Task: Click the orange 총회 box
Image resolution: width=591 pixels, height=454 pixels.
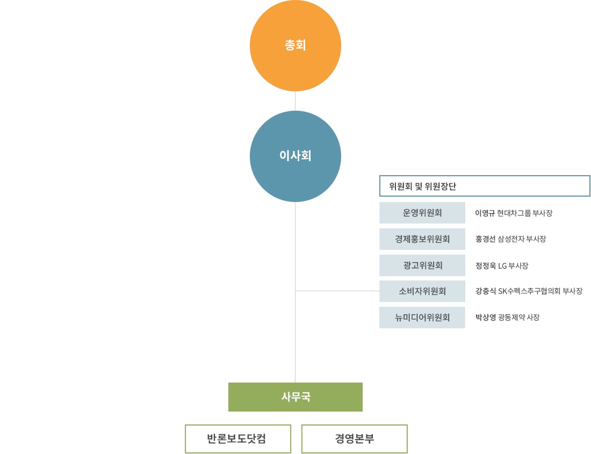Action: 295,46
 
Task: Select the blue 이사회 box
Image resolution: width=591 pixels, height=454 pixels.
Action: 295,156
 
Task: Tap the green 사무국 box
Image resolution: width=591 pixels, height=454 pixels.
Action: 295,397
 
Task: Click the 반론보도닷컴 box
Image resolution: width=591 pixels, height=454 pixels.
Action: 238,439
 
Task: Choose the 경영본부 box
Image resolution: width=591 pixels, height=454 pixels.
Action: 354,439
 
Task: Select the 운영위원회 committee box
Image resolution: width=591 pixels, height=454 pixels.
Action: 422,213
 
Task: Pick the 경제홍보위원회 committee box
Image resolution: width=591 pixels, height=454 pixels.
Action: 422,239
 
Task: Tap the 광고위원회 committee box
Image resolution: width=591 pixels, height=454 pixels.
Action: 422,265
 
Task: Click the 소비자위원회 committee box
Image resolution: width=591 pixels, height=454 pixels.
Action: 422,291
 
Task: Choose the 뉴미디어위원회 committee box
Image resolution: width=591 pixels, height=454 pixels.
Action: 422,318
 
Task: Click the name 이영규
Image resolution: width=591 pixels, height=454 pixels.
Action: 485,213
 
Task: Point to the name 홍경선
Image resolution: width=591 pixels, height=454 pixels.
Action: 485,240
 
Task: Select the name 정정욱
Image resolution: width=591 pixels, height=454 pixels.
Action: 485,266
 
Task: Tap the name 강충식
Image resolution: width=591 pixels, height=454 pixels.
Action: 485,292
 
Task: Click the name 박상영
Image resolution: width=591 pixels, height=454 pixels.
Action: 485,318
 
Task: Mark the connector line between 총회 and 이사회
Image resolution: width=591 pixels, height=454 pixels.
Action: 295,100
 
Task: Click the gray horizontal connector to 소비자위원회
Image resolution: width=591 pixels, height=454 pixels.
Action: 340,291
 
